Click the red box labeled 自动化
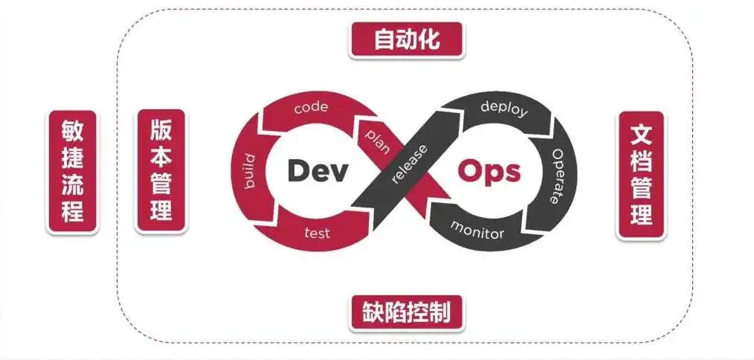tap(406, 39)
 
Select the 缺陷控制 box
tap(406, 312)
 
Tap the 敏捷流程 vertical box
tap(72, 172)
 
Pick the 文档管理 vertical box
tap(641, 175)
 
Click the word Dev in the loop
tap(318, 170)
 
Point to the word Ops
tap(489, 170)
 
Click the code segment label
tap(311, 108)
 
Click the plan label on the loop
tap(378, 138)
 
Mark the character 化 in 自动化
tap(430, 39)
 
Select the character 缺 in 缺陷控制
tap(373, 312)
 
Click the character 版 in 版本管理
tap(161, 129)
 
